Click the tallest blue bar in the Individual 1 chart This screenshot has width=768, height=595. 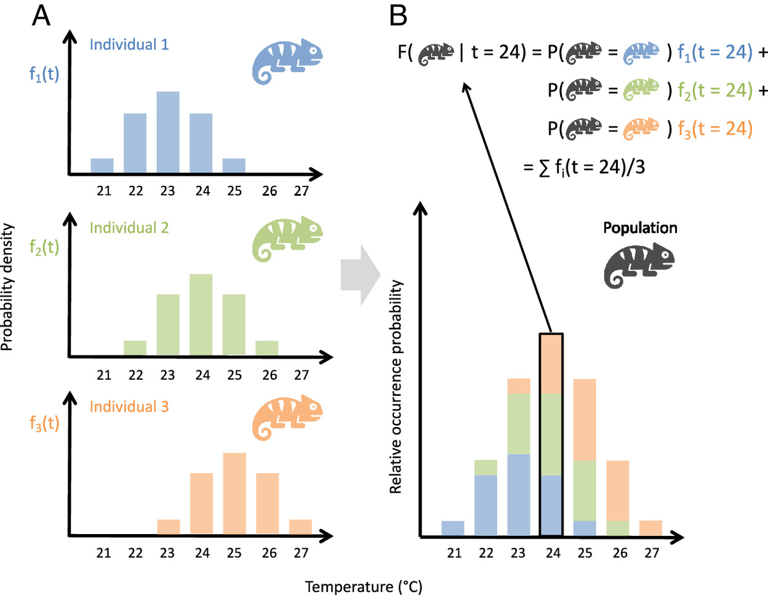point(168,132)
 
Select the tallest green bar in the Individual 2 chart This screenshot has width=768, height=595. point(201,314)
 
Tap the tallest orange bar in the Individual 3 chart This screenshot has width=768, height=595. point(234,493)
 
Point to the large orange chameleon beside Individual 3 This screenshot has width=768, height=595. point(287,418)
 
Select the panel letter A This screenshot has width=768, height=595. point(41,16)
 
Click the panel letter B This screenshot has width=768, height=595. point(398,16)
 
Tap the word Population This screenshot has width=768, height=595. point(640,228)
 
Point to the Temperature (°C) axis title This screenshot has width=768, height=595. point(364,586)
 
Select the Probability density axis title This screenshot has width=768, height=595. point(7,287)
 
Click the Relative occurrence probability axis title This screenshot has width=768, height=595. point(396,387)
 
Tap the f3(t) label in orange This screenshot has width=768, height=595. point(44,423)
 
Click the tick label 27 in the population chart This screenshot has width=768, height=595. point(652,553)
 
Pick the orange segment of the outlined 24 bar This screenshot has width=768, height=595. point(551,364)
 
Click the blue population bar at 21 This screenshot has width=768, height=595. point(453,529)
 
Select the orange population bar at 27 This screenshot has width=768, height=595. point(650,528)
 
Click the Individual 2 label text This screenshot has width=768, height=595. point(129,228)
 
